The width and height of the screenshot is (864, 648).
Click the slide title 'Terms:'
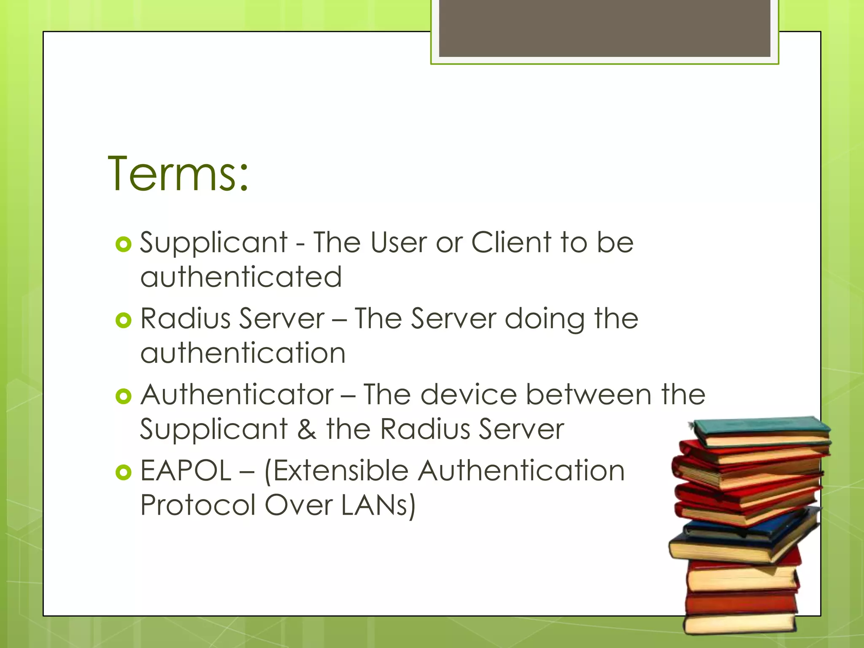tap(178, 174)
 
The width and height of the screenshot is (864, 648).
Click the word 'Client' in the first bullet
tap(511, 243)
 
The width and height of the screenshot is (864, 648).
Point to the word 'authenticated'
tap(241, 277)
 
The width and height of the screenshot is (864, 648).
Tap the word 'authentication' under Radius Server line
tap(243, 353)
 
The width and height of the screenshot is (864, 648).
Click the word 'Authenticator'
tap(237, 395)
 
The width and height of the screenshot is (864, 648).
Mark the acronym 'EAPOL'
tap(186, 471)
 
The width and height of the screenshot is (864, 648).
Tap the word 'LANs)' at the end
tap(378, 505)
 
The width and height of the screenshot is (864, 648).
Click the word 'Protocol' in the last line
tap(198, 505)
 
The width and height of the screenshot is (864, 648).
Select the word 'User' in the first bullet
tap(398, 243)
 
